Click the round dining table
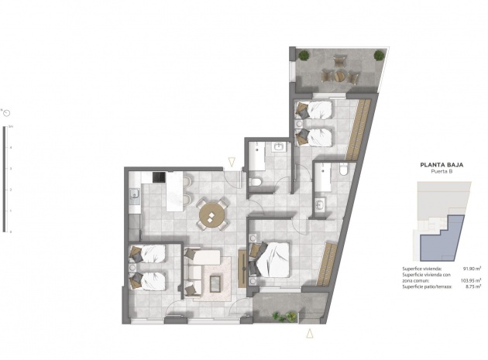pyautogui.click(x=212, y=214)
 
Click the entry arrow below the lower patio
pyautogui.click(x=310, y=333)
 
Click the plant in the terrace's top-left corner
pyautogui.click(x=304, y=55)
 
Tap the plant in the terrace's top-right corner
pyautogui.click(x=378, y=55)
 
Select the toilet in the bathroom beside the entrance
pyautogui.click(x=256, y=181)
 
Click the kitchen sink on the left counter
pyautogui.click(x=134, y=194)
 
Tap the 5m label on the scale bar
pyautogui.click(x=11, y=125)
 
